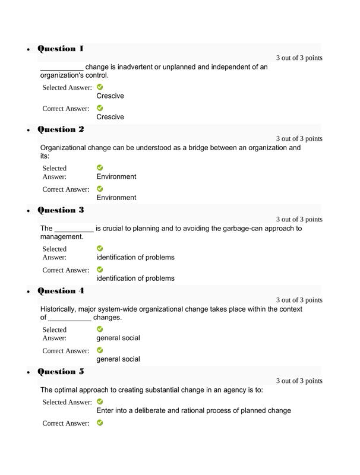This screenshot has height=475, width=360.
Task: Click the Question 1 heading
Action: click(x=61, y=49)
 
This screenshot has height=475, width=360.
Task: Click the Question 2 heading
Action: click(x=61, y=129)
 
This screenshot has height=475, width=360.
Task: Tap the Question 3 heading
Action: click(x=61, y=210)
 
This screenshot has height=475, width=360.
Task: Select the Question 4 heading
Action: click(x=61, y=291)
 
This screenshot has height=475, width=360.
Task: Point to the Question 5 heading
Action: click(x=61, y=372)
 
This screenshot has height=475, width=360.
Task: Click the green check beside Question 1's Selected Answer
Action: click(x=100, y=87)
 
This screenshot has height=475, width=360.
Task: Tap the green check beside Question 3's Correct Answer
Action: click(x=100, y=270)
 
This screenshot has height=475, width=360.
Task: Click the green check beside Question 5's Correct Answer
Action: click(x=100, y=423)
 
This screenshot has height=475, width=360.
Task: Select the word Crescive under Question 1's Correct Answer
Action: click(x=110, y=117)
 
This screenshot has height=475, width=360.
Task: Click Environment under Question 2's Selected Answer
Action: click(x=116, y=176)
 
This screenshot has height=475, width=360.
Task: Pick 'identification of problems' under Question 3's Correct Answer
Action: click(x=135, y=278)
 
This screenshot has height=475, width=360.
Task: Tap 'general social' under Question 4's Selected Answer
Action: click(x=118, y=338)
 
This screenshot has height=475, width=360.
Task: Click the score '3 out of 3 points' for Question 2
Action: click(x=299, y=138)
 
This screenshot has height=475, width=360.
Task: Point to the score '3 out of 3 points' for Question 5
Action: click(x=299, y=381)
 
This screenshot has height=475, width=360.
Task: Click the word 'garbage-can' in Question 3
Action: click(x=233, y=228)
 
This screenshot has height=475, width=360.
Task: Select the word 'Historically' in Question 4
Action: click(x=59, y=309)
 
